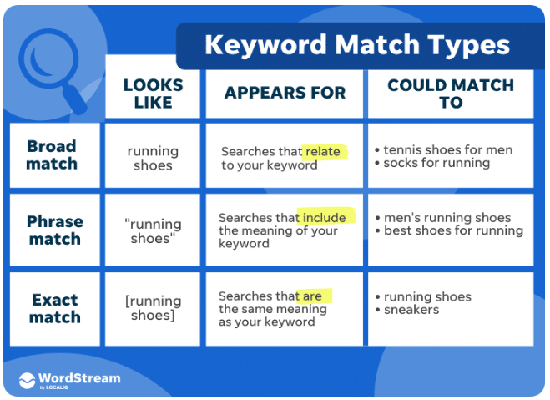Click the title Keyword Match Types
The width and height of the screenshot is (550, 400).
[x=357, y=45]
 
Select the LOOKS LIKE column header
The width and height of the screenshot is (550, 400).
[x=153, y=94]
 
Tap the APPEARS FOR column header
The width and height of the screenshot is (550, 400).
[x=285, y=93]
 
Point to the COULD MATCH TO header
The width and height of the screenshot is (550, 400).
[x=451, y=94]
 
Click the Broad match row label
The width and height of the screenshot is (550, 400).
[x=52, y=155]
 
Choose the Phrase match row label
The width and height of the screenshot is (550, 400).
[x=54, y=230]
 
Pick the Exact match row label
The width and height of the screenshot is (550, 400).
[x=55, y=308]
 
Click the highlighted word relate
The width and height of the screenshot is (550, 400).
[x=324, y=151]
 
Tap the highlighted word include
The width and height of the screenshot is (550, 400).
[x=325, y=217]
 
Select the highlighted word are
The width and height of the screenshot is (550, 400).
[x=313, y=296]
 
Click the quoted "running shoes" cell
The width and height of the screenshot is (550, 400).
[x=153, y=230]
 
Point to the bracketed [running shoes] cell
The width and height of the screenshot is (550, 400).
[x=153, y=307]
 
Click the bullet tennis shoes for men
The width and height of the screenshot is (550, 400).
[x=447, y=150]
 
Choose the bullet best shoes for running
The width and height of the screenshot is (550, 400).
[x=453, y=230]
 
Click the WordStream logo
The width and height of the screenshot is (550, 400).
[x=70, y=379]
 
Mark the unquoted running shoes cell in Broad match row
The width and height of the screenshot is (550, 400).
[x=153, y=158]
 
